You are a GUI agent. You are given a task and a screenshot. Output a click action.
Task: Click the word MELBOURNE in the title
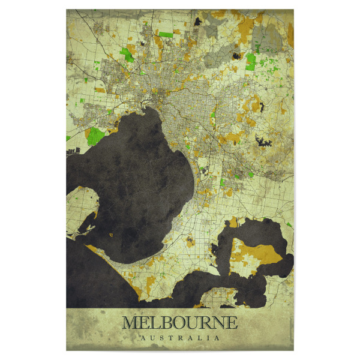pyautogui.click(x=179, y=323)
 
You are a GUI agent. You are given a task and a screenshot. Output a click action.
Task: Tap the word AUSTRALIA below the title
pyautogui.click(x=179, y=338)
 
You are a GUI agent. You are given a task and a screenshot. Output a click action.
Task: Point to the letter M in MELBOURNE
pyautogui.click(x=130, y=323)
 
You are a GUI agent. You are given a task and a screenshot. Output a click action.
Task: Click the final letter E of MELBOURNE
pyautogui.click(x=232, y=323)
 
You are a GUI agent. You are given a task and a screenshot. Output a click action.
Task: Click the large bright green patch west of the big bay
pyautogui.click(x=95, y=136)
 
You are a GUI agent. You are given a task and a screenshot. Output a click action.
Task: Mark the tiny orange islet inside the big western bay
pyautogui.click(x=112, y=234)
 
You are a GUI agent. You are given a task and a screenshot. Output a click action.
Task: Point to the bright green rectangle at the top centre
pyautogui.click(x=166, y=34)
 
